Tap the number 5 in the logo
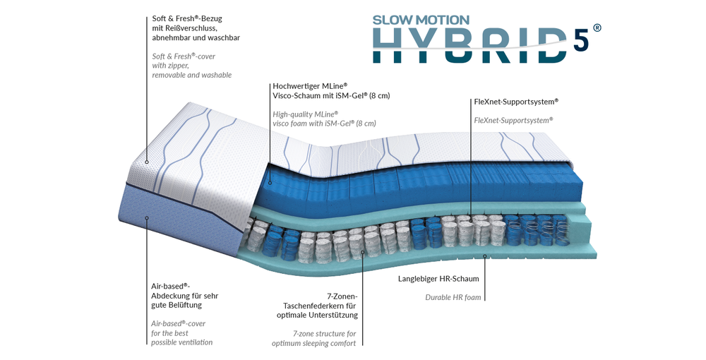(581, 41)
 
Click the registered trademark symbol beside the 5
(597, 28)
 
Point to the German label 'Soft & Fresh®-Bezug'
(186, 18)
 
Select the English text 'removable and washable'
(192, 75)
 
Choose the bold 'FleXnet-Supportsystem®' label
(516, 102)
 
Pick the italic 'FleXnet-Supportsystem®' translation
(513, 120)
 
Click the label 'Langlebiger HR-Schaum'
(438, 279)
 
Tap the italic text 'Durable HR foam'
(453, 297)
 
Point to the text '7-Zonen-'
(342, 295)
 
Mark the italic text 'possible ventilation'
(181, 342)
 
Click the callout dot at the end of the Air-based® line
(146, 218)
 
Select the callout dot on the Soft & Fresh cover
(146, 160)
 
